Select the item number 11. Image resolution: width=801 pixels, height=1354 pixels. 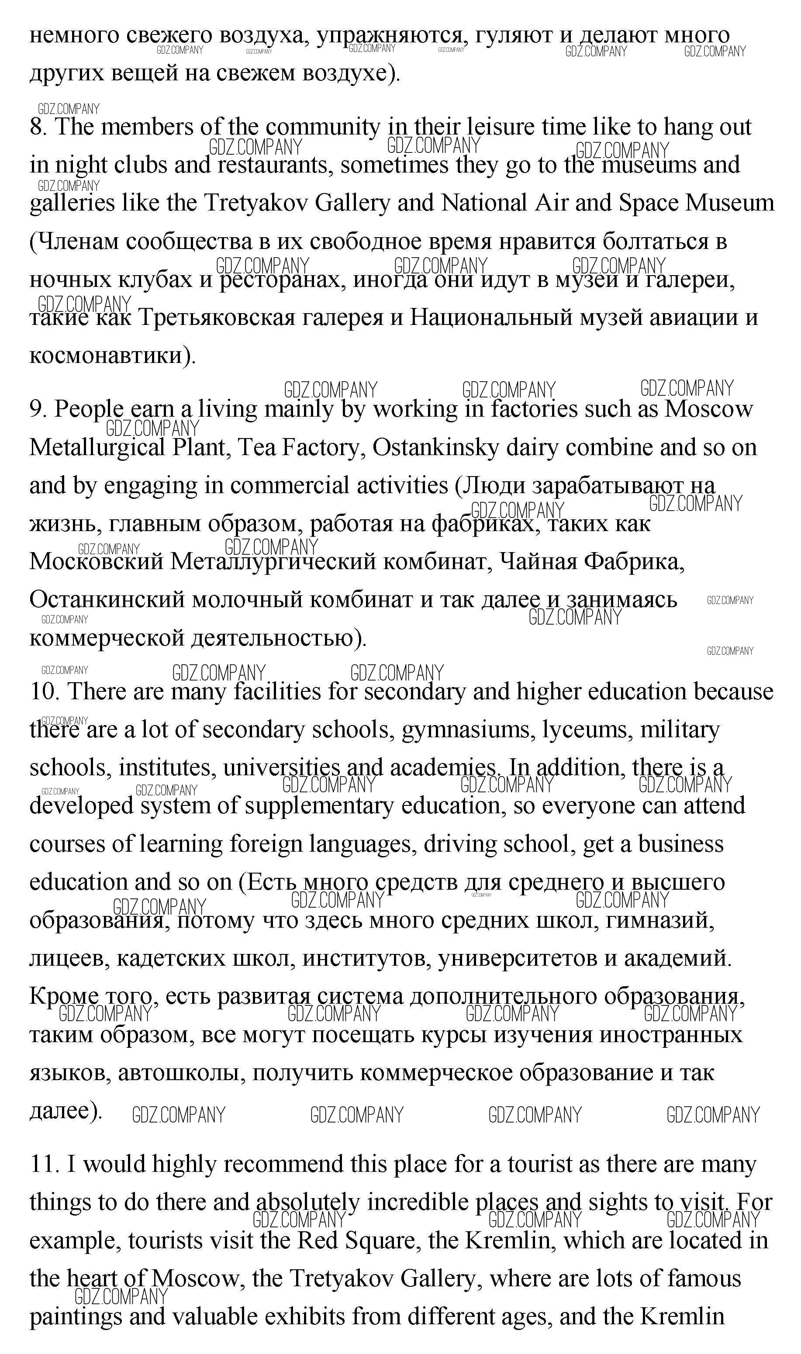pos(44,1164)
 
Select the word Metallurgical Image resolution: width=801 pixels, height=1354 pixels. pos(97,448)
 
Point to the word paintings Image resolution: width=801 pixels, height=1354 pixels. pos(76,1317)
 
